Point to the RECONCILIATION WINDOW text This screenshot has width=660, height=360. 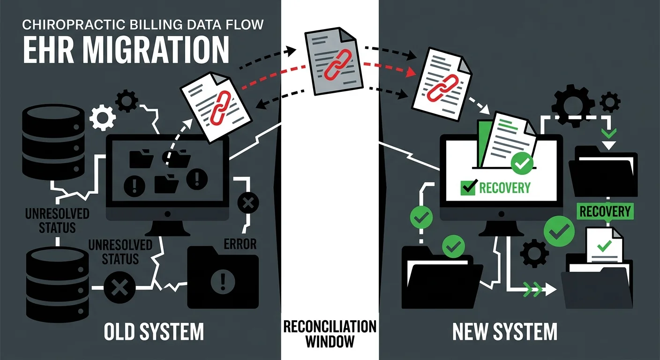330,333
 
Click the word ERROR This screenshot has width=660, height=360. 240,244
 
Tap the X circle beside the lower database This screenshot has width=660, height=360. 120,285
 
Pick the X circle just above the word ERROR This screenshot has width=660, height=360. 248,203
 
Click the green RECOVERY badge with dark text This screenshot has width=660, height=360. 605,211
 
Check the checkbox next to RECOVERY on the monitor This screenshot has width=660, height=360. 469,187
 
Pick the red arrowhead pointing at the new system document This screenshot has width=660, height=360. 412,72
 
